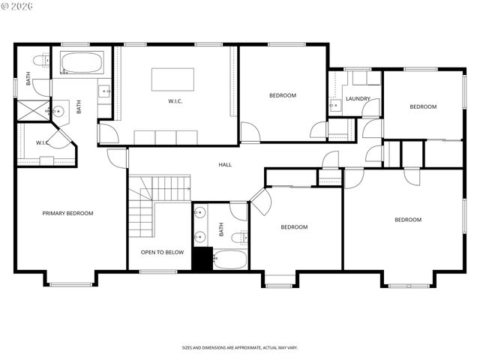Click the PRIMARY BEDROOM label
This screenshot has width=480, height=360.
(x=67, y=214)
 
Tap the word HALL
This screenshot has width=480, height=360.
(x=225, y=164)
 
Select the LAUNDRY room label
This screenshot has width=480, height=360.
(x=358, y=98)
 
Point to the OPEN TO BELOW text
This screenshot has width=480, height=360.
(x=162, y=253)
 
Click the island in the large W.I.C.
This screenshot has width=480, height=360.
(x=172, y=79)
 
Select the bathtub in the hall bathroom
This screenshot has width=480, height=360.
(x=230, y=260)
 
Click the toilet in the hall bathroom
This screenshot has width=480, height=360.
(x=238, y=238)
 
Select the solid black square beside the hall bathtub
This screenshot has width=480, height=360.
(x=202, y=259)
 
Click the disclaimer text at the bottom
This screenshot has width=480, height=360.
(x=239, y=348)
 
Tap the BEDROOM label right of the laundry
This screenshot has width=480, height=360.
(x=422, y=106)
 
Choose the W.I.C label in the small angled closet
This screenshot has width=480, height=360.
(x=43, y=142)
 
